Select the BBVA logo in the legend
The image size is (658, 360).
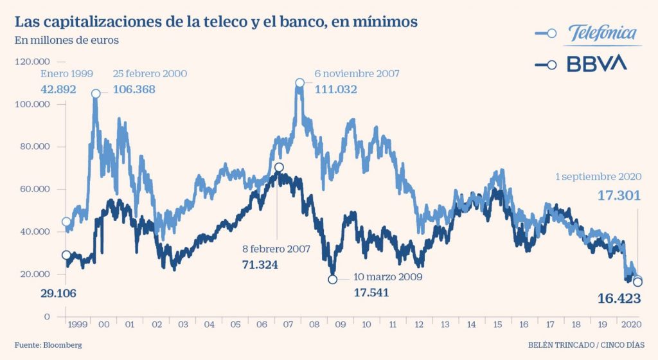coord(596,64)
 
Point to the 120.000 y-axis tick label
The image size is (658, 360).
coord(32,62)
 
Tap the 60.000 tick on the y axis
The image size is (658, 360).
coord(35,190)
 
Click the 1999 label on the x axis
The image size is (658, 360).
coord(76,325)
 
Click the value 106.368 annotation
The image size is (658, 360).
coord(134,89)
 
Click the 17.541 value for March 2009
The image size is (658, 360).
coord(371,292)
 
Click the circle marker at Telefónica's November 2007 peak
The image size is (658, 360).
coord(300,83)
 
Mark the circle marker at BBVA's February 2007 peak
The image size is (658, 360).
coord(279,168)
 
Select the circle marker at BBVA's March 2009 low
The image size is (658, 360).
coord(332,279)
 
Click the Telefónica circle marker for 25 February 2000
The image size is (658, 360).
coord(96,94)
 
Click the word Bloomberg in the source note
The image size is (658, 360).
coord(62,345)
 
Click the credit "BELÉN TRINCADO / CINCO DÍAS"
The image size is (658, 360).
coord(590,345)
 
